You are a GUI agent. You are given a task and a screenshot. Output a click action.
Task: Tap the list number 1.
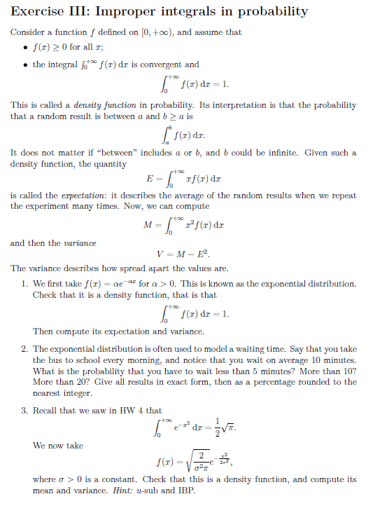[24, 284]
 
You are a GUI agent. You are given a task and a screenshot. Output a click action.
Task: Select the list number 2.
[24, 348]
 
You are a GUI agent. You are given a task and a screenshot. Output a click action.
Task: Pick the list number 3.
[24, 411]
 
